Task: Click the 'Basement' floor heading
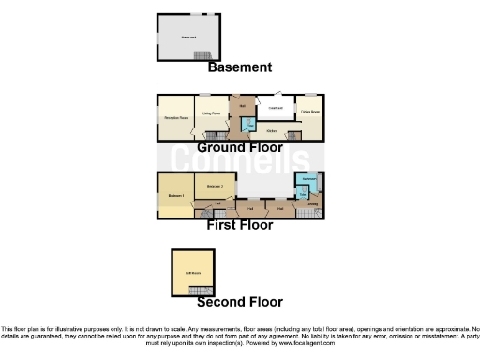(x=240, y=67)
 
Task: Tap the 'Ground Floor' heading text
(x=240, y=148)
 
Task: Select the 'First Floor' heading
(x=240, y=225)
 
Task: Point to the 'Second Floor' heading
(x=240, y=302)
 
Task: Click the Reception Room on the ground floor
(x=173, y=118)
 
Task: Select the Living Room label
(x=212, y=113)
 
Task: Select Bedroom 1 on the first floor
(x=173, y=195)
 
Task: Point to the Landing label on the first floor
(x=311, y=202)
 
